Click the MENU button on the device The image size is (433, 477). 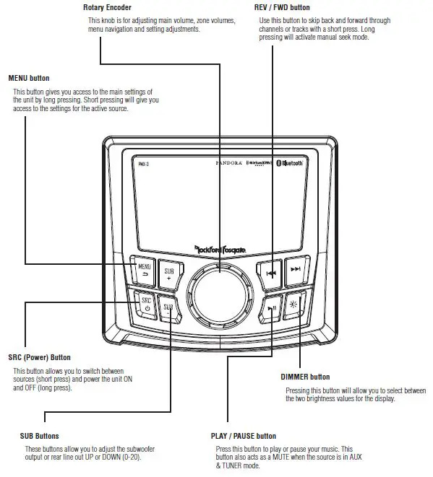[143, 271]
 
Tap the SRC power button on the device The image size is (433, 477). [144, 303]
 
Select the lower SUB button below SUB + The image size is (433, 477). [168, 308]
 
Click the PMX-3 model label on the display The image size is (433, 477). [143, 164]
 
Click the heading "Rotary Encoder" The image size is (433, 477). [107, 7]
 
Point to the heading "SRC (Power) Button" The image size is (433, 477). [39, 356]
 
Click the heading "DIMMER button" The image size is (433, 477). [305, 377]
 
